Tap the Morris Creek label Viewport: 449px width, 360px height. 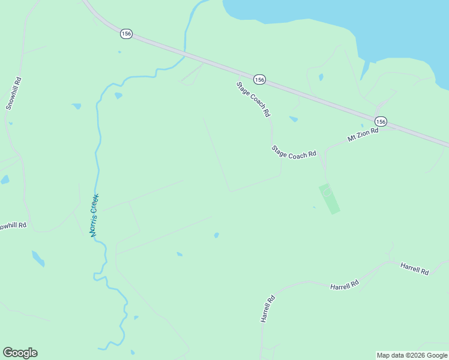coord(95,215)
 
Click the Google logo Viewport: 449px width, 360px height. coord(20,353)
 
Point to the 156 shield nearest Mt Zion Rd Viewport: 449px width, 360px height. coord(381,121)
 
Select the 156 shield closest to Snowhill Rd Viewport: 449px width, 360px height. coord(125,34)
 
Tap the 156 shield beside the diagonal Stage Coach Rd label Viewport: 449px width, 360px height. coord(259,79)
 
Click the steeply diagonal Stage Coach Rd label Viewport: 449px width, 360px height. coord(253,99)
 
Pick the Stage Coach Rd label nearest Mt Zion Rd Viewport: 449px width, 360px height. coord(294,152)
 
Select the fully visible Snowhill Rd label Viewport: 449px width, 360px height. coord(14,93)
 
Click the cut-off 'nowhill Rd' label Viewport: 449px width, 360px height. coord(13,226)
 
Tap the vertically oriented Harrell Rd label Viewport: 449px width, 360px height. coord(267,309)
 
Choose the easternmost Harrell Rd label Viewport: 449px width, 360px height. coord(415,268)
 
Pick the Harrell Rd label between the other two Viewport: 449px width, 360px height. coord(345,285)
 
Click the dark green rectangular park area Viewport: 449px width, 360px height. coord(329,199)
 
